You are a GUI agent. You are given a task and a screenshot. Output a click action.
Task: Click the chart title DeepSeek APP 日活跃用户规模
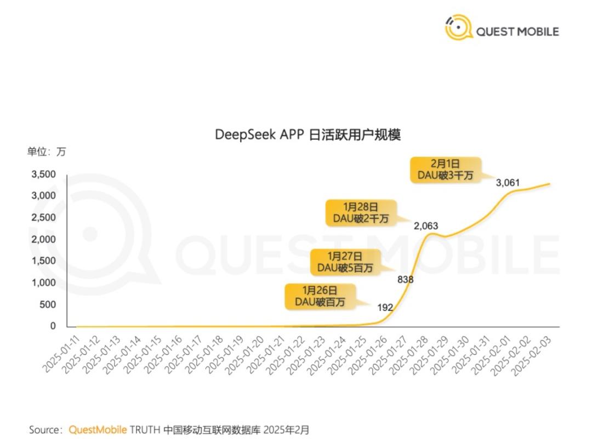click(x=308, y=135)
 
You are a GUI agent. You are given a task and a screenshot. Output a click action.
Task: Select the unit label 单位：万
click(x=47, y=152)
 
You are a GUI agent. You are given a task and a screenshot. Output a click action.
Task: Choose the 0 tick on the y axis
click(x=53, y=326)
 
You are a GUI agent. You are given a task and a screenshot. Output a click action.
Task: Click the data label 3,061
click(x=507, y=183)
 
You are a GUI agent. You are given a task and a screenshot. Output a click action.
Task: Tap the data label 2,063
click(x=425, y=226)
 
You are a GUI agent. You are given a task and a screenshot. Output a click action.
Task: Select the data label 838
click(x=405, y=280)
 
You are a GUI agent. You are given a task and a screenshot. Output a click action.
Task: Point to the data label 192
click(x=385, y=308)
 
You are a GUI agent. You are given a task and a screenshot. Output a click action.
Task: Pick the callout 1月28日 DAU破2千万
click(x=361, y=213)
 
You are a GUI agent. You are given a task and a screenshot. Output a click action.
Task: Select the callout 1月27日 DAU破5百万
click(x=345, y=262)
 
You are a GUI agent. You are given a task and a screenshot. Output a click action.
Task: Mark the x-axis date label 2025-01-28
click(x=409, y=355)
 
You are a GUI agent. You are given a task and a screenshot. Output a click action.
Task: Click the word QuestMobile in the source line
click(x=98, y=429)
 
